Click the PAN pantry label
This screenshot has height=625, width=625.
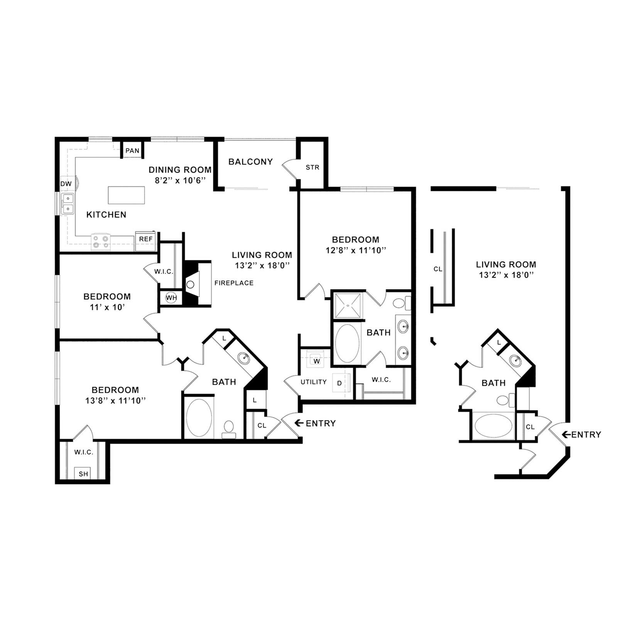[x=132, y=150]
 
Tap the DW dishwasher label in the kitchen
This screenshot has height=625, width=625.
[x=66, y=184]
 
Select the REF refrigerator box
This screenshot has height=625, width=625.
[x=145, y=240]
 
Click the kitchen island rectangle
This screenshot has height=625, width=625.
[x=126, y=195]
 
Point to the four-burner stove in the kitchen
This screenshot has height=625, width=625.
[x=101, y=242]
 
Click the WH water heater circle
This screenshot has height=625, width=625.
[x=171, y=298]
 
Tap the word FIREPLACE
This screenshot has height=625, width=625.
[x=234, y=283]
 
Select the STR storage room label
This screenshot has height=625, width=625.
[x=312, y=167]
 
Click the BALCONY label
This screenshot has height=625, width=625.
[x=250, y=162]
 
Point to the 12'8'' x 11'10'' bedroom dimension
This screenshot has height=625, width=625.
[x=355, y=250]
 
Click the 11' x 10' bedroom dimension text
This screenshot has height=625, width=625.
[x=107, y=307]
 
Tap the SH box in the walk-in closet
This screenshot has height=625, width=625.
[x=83, y=474]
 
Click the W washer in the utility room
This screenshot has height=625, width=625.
[x=317, y=361]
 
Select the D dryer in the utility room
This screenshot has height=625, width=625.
[x=340, y=383]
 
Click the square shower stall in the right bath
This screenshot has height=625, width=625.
[x=348, y=306]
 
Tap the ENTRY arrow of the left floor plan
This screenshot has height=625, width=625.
[x=299, y=423]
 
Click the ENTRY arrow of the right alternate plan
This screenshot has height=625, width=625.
[x=566, y=435]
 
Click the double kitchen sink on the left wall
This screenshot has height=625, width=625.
[x=68, y=204]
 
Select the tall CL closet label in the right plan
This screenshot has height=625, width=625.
[x=437, y=269]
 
